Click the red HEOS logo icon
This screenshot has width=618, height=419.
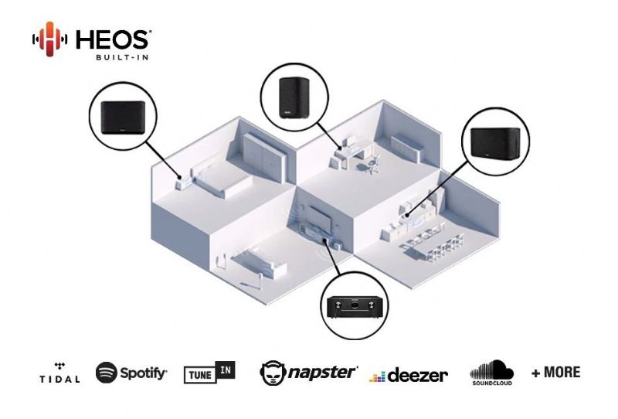[49, 39]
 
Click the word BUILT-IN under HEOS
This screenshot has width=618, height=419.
[122, 58]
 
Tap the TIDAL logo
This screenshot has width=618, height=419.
[59, 373]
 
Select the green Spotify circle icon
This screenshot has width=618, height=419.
[107, 373]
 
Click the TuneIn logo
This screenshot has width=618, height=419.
[209, 372]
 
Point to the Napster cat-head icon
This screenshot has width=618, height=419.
[273, 373]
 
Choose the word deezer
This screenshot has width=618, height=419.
[418, 375]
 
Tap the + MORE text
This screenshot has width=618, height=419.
[556, 372]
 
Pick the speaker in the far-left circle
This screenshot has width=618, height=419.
[124, 118]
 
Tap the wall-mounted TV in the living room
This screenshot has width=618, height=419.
[320, 218]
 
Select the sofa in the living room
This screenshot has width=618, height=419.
[258, 261]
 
